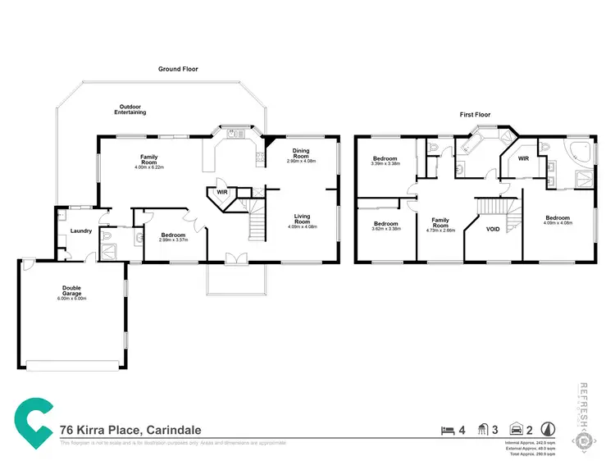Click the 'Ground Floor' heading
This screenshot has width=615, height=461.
click(178, 70)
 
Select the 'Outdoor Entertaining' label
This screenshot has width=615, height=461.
click(131, 109)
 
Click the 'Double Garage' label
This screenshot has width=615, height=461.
click(72, 290)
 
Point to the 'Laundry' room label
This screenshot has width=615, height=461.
click(80, 231)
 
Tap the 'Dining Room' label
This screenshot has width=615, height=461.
click(301, 153)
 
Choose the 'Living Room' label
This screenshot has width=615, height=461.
click(302, 219)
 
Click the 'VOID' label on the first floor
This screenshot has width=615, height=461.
click(493, 230)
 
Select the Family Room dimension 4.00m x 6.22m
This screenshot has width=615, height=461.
click(149, 167)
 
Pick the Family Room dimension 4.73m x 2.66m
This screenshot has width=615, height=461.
click(440, 231)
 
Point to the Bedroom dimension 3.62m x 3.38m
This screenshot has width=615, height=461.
click(385, 230)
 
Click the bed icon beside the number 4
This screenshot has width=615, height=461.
click(447, 429)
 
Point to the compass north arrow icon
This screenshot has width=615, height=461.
click(547, 428)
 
